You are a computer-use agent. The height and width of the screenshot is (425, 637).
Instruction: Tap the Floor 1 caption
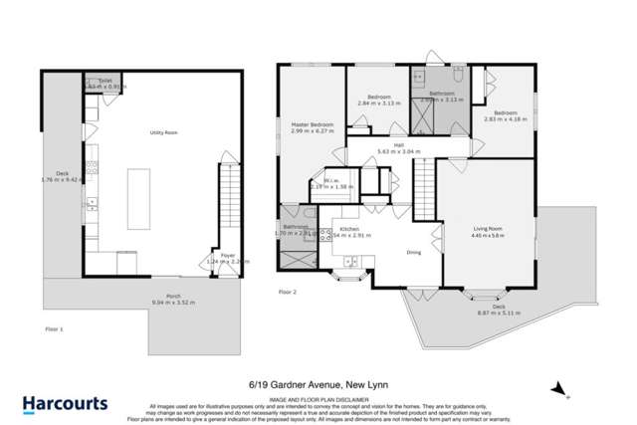[x=55, y=327]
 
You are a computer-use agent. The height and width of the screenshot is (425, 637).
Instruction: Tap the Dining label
[x=415, y=251]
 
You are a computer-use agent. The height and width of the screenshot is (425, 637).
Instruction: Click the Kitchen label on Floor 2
[x=349, y=230]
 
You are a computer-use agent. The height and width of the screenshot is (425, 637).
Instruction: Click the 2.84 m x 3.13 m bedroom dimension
[x=377, y=102]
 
